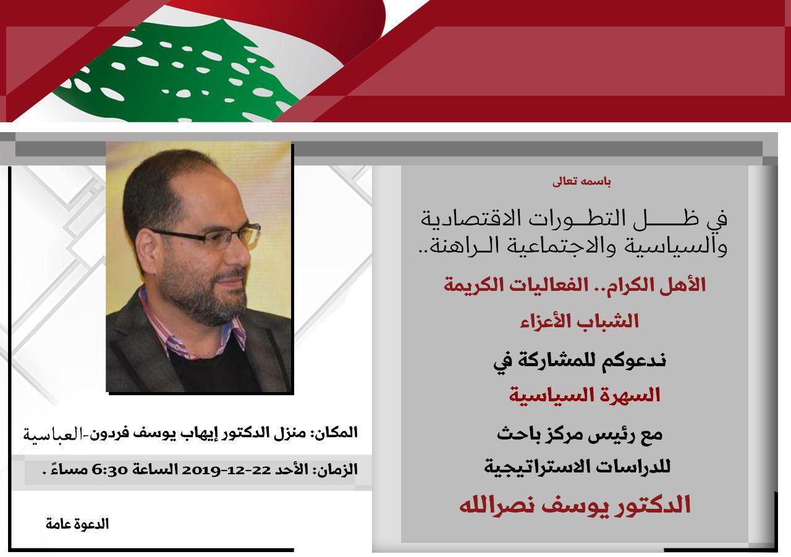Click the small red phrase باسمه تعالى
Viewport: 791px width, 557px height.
pos(582,182)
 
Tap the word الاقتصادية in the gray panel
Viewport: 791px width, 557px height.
pos(466,219)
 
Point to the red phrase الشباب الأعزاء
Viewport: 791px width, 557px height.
pos(580,322)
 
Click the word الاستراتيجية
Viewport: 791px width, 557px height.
pos(533,467)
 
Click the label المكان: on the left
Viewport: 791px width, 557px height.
pos(334,432)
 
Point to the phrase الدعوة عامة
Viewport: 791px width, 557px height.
pos(77,524)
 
